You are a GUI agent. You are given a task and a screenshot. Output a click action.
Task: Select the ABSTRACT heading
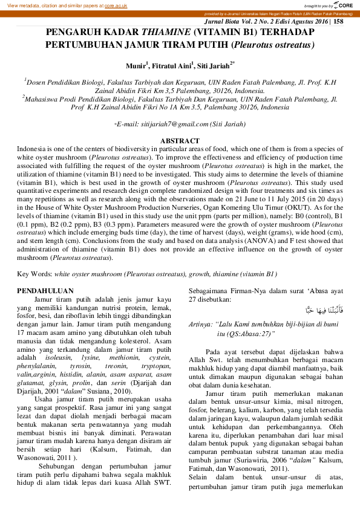click(x=179, y=141)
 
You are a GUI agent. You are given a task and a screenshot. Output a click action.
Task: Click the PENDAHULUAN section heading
click(x=45, y=291)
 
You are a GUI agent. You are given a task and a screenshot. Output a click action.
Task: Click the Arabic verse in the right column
click(x=324, y=311)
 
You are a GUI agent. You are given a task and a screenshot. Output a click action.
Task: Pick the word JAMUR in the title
click(x=186, y=45)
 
